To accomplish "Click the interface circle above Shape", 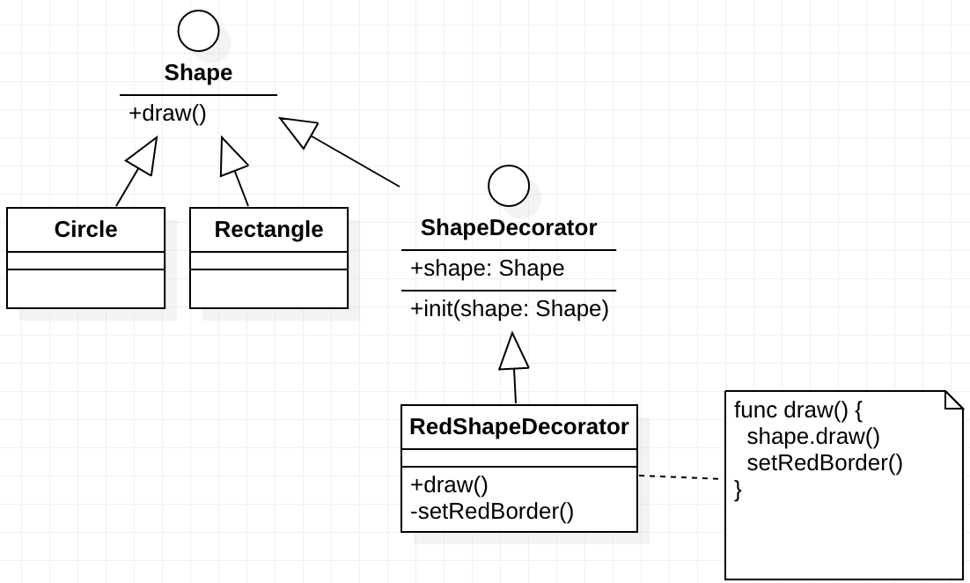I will point(198,31).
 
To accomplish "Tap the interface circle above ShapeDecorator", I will point(509,186).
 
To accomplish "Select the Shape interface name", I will point(198,72).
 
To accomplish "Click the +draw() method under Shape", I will point(167,114).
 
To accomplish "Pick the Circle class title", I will point(85,229).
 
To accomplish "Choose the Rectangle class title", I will point(268,229).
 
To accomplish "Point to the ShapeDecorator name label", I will point(509,227).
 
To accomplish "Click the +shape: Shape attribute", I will point(488,268).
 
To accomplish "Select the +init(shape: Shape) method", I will point(510,309).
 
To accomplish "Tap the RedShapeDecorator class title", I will point(519,427).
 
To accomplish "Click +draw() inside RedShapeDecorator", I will point(450,484).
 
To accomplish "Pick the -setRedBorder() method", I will point(492,511).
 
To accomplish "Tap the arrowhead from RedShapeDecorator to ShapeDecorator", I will point(514,352).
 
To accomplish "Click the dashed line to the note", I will point(679,477).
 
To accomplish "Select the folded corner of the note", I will point(954,400).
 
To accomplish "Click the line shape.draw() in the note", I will point(813,437).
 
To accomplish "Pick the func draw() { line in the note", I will point(798,410).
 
